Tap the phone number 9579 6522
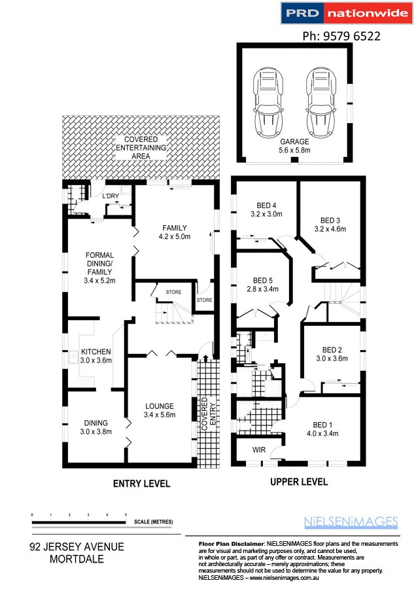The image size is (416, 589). [343, 36]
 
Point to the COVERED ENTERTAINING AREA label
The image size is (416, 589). [142, 149]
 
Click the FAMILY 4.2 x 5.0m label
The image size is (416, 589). [175, 232]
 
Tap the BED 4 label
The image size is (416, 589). [266, 209]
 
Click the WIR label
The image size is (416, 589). [260, 451]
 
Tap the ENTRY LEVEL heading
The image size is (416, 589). [142, 484]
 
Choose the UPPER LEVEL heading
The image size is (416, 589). [298, 482]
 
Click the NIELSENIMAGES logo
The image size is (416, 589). [351, 522]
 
